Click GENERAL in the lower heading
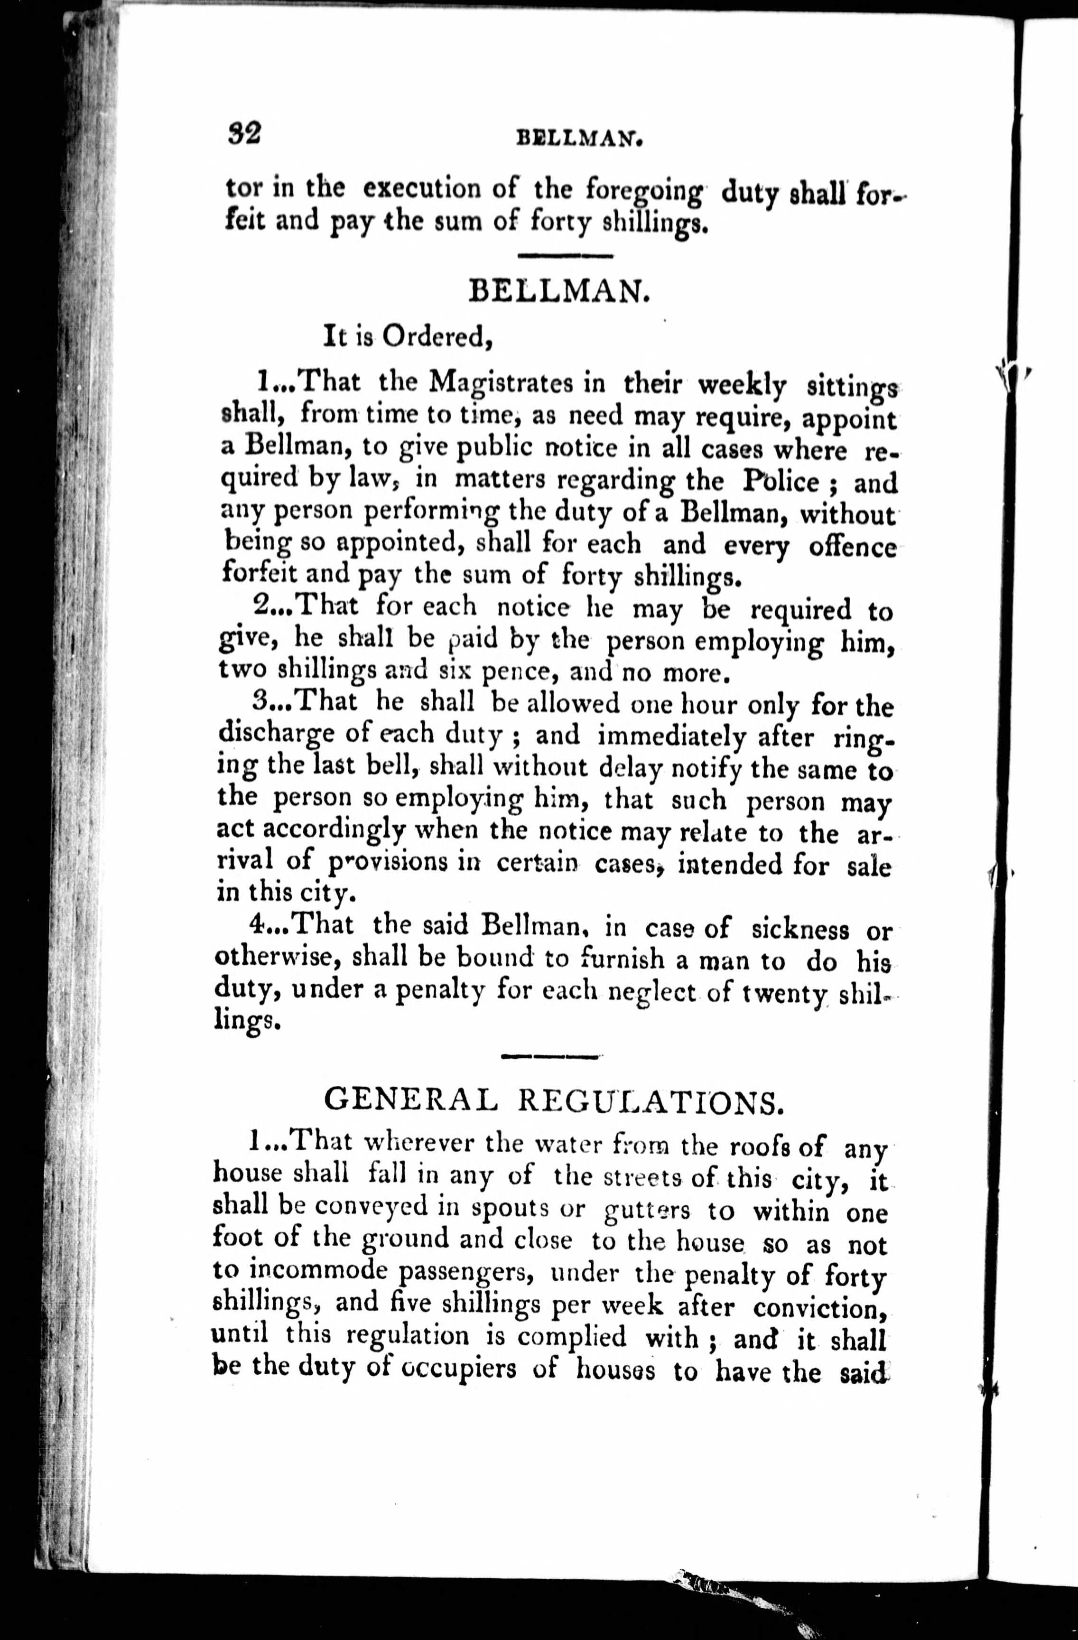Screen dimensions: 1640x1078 click(410, 1101)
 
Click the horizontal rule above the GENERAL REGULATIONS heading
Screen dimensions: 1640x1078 click(550, 1056)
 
